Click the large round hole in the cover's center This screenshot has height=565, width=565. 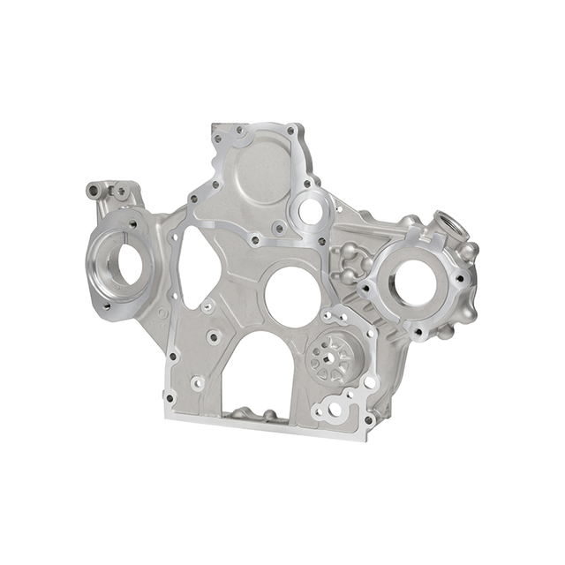pos(291,293)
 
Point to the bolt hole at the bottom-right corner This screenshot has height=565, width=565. pos(368,420)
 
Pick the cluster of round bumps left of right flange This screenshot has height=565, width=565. pos(350,263)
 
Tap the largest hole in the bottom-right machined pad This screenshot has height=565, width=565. pos(336,407)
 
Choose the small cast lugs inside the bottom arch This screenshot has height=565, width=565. pos(257,413)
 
